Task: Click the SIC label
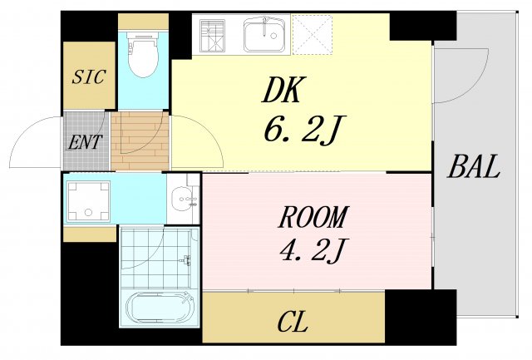[x=89, y=77]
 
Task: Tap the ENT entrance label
[x=86, y=141]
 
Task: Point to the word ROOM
[x=313, y=217]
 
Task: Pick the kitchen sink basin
[x=266, y=36]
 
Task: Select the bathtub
[x=160, y=309]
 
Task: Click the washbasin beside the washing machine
[x=183, y=200]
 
